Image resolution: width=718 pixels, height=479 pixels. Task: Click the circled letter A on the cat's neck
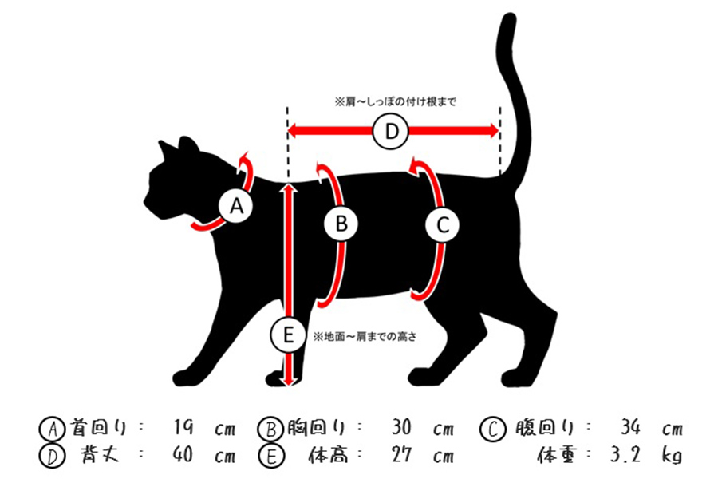(235, 208)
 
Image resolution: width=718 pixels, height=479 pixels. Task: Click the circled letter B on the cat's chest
(341, 225)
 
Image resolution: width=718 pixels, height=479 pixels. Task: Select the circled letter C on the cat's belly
(443, 225)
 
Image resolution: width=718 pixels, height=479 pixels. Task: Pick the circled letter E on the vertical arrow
(287, 335)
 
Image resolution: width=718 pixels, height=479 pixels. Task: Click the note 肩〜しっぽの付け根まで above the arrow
(395, 102)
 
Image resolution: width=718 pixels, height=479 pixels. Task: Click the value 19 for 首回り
(185, 429)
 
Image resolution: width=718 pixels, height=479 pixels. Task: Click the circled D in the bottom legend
(49, 457)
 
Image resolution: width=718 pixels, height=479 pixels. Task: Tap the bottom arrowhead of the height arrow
(288, 381)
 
